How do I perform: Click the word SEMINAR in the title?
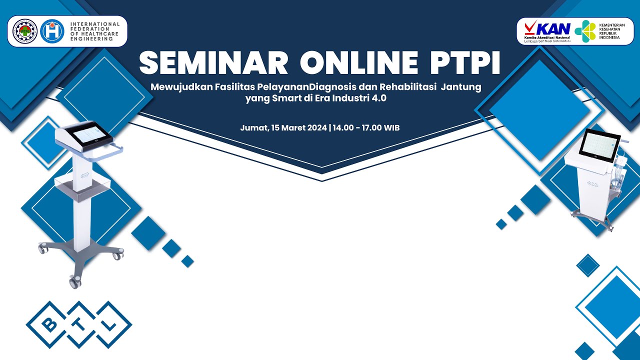pos(214,63)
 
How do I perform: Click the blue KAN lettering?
pos(553,28)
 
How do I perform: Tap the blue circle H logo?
pos(52,31)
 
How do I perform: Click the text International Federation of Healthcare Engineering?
pos(95,31)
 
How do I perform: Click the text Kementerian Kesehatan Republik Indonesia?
pos(608,31)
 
